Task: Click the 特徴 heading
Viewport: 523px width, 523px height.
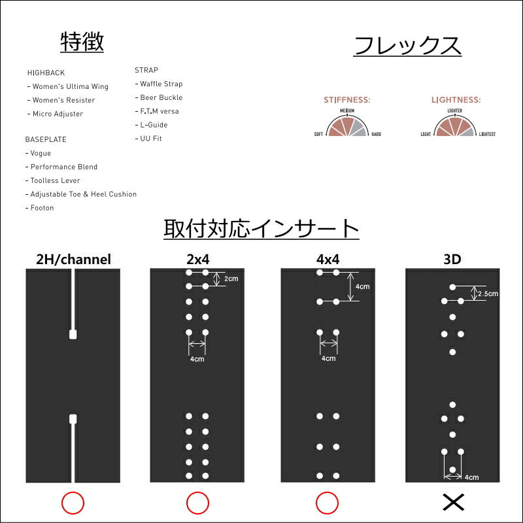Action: pos(82,42)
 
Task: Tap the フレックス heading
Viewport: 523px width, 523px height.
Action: pos(407,46)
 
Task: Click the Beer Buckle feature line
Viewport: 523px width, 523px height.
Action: pos(159,97)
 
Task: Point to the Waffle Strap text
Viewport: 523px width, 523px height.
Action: pos(159,84)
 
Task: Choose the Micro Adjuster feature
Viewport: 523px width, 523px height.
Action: pos(56,114)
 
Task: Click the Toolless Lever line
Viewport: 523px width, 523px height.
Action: pos(53,180)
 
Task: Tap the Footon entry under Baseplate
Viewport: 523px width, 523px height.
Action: pos(40,208)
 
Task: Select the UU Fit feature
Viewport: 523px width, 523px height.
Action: pos(148,139)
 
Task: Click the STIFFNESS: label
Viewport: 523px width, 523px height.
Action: pos(347,100)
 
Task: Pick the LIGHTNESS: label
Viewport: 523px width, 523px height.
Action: pos(456,100)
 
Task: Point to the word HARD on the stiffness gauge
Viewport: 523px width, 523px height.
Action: pos(377,134)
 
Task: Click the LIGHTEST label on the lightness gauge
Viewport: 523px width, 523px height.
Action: pos(487,134)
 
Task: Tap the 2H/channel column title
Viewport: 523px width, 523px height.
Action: pos(73,259)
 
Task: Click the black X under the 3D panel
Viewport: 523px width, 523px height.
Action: pos(453,502)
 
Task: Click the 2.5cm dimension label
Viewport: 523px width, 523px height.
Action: pos(488,294)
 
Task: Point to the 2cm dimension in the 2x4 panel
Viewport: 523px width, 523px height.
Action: pos(231,278)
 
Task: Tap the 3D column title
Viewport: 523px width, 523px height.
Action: pos(452,259)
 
